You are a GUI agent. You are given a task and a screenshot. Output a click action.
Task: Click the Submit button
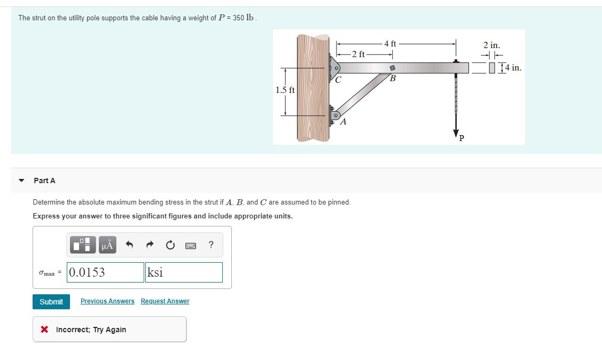[51, 302]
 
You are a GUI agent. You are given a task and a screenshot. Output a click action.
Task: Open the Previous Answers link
[107, 301]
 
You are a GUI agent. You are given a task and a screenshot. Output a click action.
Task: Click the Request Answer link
[165, 301]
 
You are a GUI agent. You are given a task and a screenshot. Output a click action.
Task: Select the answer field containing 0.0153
[106, 272]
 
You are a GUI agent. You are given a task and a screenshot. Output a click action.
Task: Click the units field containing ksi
[184, 272]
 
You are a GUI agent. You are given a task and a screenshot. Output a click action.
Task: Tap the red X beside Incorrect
[45, 330]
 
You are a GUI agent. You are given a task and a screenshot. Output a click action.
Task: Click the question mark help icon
[211, 245]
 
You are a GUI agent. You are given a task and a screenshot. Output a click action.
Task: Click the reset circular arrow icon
[170, 245]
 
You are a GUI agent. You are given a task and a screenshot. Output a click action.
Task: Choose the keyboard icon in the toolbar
[191, 246]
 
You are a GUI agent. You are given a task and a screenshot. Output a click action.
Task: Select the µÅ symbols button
[107, 245]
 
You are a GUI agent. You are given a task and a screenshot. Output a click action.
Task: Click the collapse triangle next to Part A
[21, 181]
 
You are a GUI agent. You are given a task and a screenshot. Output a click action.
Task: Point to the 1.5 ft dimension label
[285, 90]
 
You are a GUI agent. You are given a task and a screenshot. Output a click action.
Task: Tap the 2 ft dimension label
[358, 54]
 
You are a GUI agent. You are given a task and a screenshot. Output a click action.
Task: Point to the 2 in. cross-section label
[491, 46]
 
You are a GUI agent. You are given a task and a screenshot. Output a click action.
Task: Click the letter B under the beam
[393, 79]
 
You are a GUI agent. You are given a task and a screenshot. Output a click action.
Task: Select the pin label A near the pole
[343, 122]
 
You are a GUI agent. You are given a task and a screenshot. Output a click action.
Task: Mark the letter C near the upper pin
[338, 81]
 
